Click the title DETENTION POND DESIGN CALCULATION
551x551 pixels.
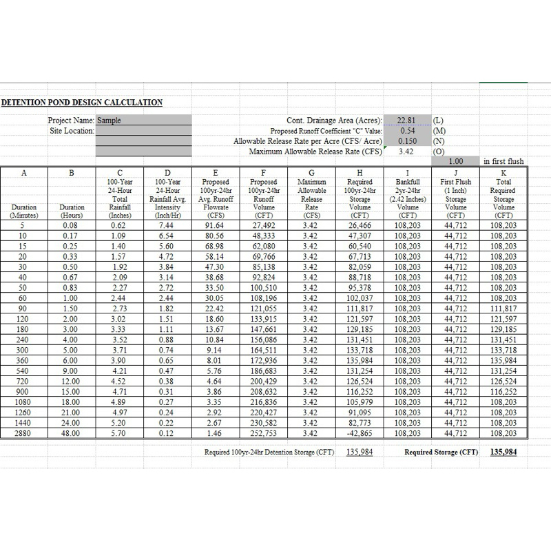click(81, 103)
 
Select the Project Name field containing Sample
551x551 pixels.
click(143, 120)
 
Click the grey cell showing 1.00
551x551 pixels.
click(455, 161)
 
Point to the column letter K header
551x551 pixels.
click(503, 172)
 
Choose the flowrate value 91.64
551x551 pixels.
click(216, 225)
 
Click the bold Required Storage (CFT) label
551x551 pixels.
click(441, 453)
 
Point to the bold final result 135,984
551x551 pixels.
click(503, 453)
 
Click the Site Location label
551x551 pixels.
click(72, 130)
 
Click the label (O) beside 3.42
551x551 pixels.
click(438, 151)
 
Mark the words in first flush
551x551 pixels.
click(503, 161)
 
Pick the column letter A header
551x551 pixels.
click(24, 172)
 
